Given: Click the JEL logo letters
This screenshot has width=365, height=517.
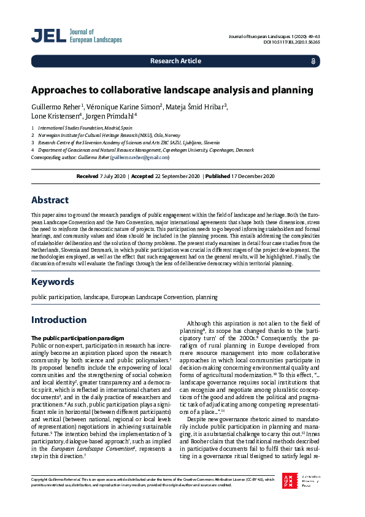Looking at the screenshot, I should [x=48, y=36].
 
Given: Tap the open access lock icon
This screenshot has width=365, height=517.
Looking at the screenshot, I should [x=313, y=61].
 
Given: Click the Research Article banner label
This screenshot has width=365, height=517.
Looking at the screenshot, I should [x=175, y=61].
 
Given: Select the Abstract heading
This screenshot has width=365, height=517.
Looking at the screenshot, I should [x=53, y=200].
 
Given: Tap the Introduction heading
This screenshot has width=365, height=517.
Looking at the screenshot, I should [x=59, y=320].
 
